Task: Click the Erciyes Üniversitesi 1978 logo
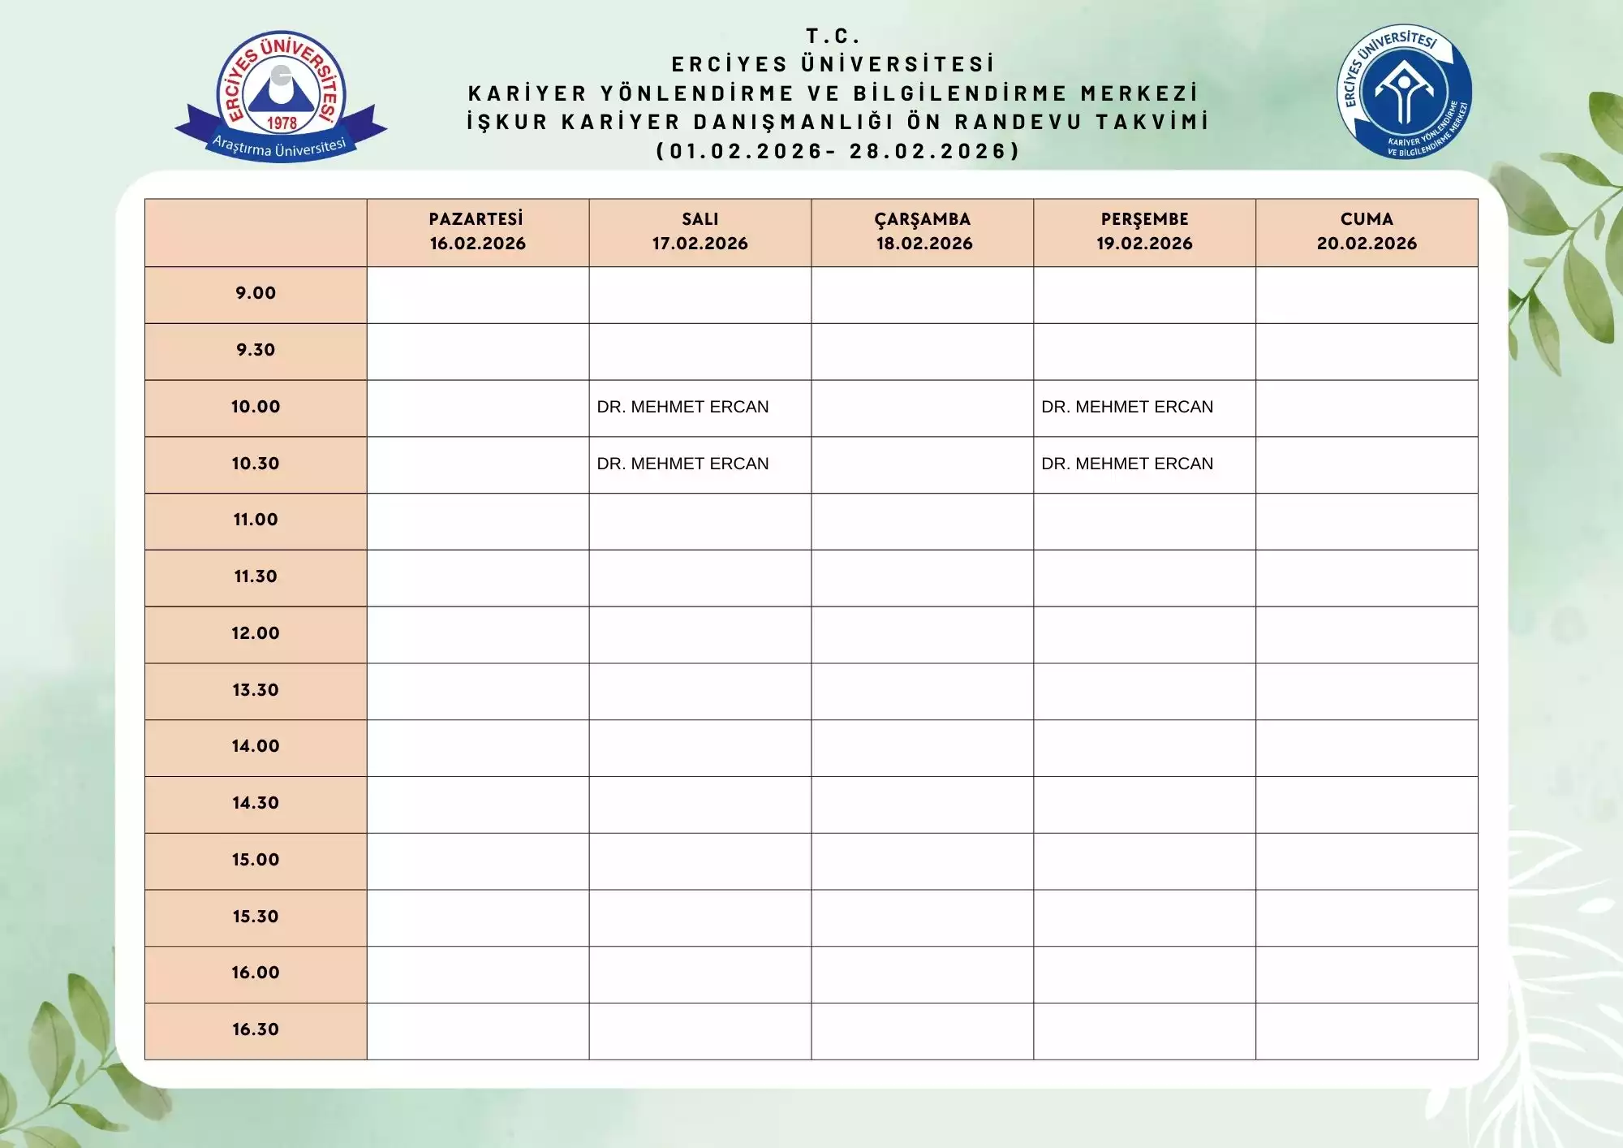[281, 96]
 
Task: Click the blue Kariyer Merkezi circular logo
[1404, 91]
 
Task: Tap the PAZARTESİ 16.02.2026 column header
[477, 231]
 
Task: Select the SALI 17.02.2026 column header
[700, 231]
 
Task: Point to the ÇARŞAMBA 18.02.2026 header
[923, 231]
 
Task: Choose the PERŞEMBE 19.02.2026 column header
[1144, 231]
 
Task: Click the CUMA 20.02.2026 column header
[1367, 231]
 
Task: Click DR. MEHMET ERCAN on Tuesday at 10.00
[682, 407]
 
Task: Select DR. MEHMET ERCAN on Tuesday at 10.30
[682, 464]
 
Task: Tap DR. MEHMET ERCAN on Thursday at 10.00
[1127, 407]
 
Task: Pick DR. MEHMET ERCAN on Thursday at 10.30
[1127, 464]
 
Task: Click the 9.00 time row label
[256, 293]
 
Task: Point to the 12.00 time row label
[256, 633]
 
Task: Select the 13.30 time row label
[256, 690]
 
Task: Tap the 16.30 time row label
[256, 1029]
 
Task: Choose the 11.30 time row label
[256, 576]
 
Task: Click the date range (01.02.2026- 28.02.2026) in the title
[837, 151]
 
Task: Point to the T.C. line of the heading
[833, 36]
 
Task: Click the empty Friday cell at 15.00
[1367, 861]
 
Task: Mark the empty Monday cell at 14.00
[477, 748]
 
